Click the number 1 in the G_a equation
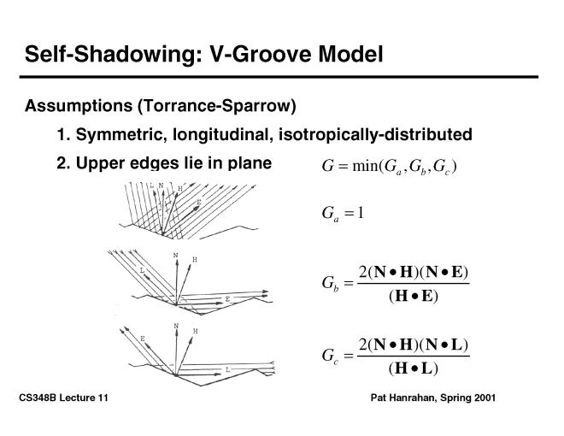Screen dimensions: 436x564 (x=361, y=213)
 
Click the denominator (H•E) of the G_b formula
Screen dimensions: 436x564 (x=413, y=297)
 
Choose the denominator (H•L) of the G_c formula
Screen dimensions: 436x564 (x=413, y=368)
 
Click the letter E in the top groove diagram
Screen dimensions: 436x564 (x=199, y=203)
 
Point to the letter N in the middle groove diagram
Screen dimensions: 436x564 (x=176, y=256)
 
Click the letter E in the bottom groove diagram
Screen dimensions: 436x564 (x=142, y=339)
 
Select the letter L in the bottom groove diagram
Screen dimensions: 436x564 (x=227, y=369)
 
